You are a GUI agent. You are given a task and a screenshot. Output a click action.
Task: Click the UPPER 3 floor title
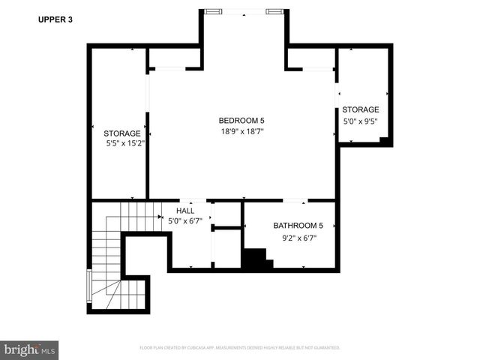point(55,20)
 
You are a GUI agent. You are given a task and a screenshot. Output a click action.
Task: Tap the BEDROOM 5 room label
point(241,121)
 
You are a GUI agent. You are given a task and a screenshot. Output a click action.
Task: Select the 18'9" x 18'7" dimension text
point(241,131)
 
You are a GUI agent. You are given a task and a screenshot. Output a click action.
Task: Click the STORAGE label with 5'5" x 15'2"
point(122,133)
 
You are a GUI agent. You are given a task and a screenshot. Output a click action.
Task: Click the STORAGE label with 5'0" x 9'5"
point(361,109)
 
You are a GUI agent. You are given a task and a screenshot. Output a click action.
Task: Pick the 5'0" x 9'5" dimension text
point(361,121)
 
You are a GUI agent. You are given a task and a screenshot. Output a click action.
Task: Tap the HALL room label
point(185,211)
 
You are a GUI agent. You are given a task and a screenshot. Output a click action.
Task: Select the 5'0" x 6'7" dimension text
point(184,220)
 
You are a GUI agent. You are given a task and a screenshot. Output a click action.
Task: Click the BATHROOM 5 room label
point(298,226)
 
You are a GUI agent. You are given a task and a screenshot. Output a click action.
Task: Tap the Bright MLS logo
point(29,349)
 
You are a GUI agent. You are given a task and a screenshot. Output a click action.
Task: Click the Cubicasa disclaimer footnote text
point(240,348)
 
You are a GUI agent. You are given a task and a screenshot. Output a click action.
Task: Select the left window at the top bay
point(214,11)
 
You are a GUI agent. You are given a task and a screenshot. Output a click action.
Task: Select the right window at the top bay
point(274,11)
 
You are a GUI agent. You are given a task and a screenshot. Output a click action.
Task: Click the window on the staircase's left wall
point(89,285)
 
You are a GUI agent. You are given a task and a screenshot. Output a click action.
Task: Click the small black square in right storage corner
point(383,139)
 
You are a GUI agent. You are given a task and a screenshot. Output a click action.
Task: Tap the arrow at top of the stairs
point(160,217)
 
